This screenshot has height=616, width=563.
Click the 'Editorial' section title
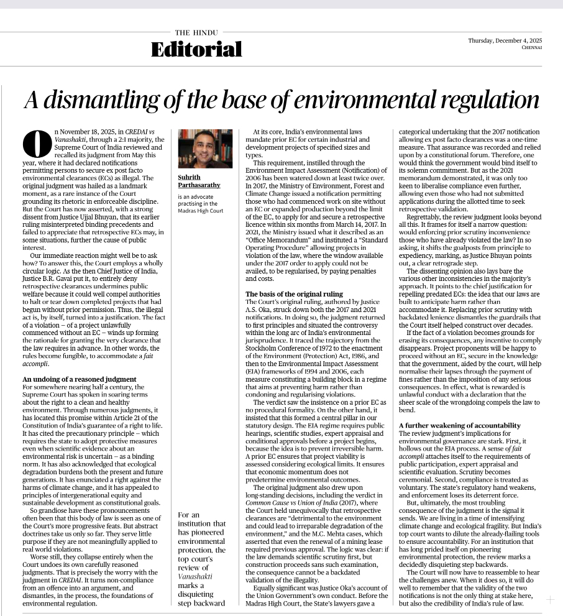click(196, 50)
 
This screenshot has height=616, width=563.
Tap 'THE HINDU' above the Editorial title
click(191, 32)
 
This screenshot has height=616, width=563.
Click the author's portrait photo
click(204, 149)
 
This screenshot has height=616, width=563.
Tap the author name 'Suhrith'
click(190, 177)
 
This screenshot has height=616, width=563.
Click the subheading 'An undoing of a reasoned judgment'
click(79, 379)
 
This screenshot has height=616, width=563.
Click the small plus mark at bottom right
click(550, 600)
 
